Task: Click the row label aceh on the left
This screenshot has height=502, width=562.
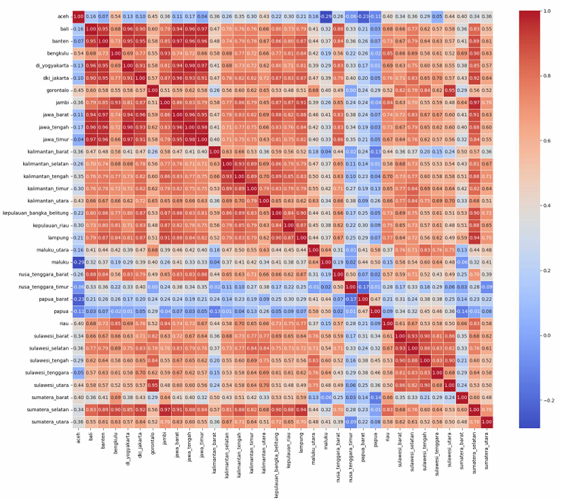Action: click(x=60, y=16)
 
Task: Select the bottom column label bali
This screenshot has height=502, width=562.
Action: click(x=91, y=437)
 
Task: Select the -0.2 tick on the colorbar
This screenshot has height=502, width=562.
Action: click(x=544, y=401)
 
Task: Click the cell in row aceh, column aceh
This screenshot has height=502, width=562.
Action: click(x=78, y=16)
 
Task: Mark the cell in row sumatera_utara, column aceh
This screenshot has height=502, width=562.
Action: click(x=78, y=422)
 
